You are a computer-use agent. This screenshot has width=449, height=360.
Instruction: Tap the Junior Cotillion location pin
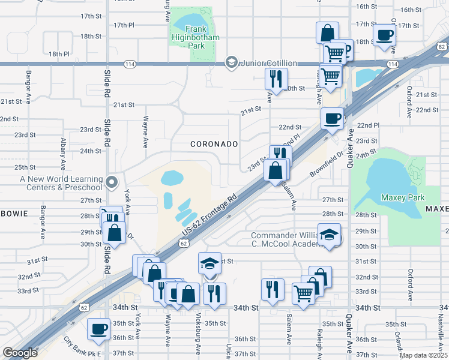231,62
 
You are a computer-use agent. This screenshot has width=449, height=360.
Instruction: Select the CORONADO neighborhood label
214,145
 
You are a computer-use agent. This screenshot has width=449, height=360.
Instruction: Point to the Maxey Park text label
402,197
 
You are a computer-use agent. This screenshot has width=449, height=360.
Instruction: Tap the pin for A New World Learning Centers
111,181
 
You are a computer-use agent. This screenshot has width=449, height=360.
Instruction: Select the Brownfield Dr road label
326,163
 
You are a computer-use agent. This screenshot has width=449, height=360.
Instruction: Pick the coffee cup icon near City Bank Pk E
98,329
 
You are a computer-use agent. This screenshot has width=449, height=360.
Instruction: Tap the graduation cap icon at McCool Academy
329,235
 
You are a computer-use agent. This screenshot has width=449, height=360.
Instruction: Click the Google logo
20,353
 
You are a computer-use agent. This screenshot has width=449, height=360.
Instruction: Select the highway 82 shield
442,47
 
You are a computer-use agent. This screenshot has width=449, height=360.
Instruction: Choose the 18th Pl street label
60,54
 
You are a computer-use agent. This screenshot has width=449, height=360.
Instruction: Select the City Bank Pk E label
83,347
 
